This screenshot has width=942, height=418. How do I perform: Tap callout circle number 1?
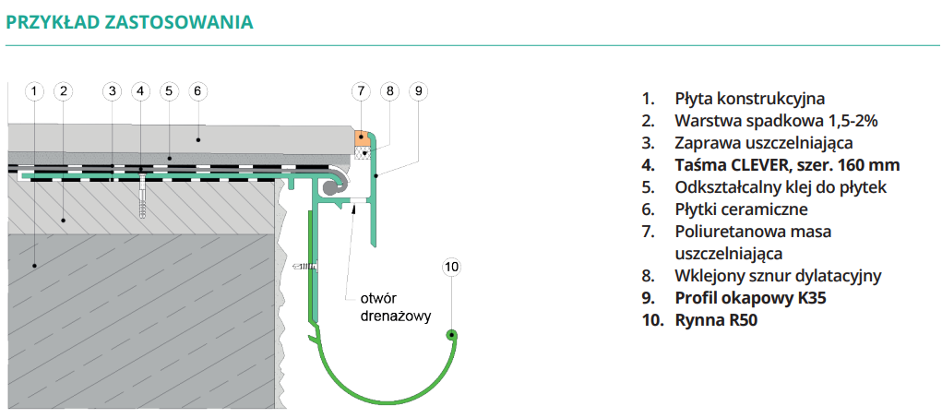pos(33,90)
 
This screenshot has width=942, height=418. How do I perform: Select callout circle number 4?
pos(139,90)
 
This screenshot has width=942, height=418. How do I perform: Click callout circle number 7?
pos(361,90)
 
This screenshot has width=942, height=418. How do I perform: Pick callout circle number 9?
pos(418,90)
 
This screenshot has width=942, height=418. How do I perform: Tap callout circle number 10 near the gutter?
pos(451,268)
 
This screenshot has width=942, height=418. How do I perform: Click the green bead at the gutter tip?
pos(451,335)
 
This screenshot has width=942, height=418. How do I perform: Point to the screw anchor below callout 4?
pos(144,197)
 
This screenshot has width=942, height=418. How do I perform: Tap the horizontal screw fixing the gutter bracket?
pos(306,268)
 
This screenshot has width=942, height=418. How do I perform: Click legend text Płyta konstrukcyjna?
pos(749,98)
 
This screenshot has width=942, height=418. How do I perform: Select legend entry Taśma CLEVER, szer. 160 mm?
pos(787,165)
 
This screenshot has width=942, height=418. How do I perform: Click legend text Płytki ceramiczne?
pos(741,209)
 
